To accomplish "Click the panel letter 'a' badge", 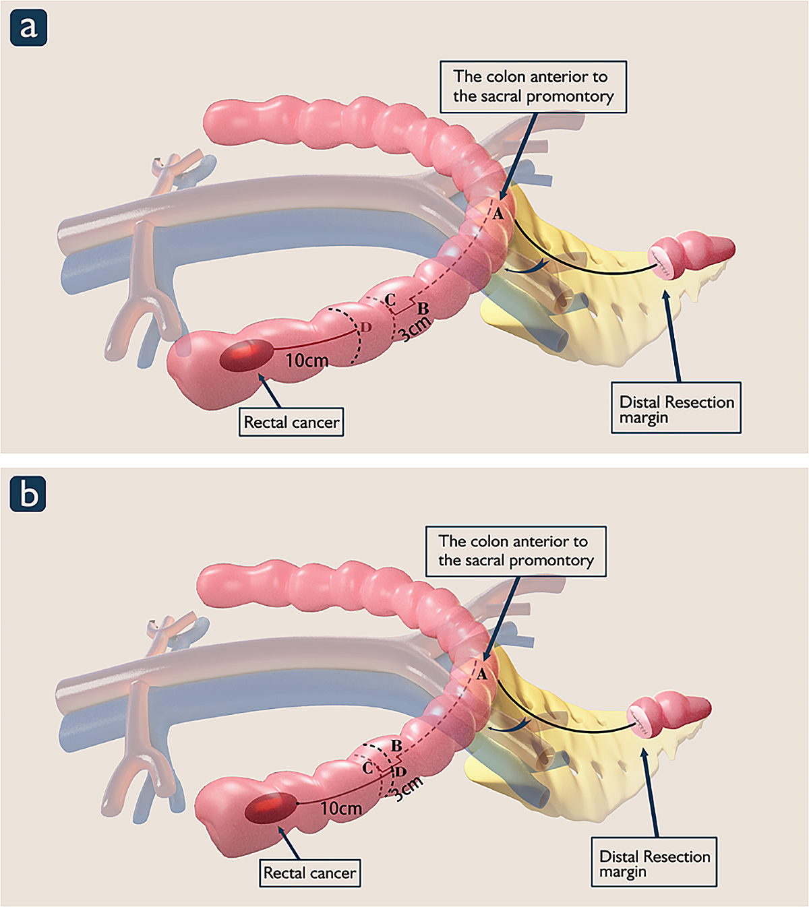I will coord(28,28).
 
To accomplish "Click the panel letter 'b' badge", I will coord(28,495).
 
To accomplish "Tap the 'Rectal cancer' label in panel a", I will coord(291,423).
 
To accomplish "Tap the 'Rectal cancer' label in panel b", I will coord(310,873).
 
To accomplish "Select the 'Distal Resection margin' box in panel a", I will coord(676,408).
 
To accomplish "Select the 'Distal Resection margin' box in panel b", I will coord(654,863).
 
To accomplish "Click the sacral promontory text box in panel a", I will coord(533,87).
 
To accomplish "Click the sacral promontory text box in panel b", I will coord(516,551).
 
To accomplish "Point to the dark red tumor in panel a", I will coord(247,355).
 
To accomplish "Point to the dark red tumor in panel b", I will coord(270,808).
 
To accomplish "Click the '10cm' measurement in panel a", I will coord(307,361).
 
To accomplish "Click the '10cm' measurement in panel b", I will coord(341,809).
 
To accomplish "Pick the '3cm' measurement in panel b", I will coord(408,788).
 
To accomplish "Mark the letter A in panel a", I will coord(498,214).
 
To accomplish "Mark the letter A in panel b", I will coord(481,674).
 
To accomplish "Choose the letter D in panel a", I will coord(365,327).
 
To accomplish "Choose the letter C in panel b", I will coord(367,768).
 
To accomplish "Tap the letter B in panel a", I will coord(423,309).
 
